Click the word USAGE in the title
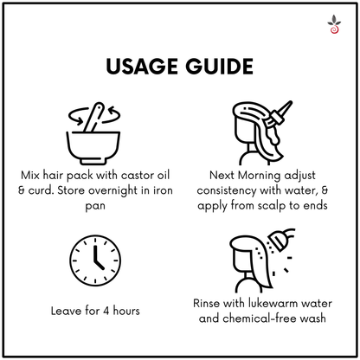click(142, 67)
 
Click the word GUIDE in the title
click(219, 67)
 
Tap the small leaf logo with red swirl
click(334, 24)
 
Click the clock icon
click(95, 260)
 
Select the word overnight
click(113, 190)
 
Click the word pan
click(95, 207)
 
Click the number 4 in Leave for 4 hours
click(106, 311)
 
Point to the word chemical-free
click(260, 318)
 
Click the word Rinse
click(207, 304)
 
